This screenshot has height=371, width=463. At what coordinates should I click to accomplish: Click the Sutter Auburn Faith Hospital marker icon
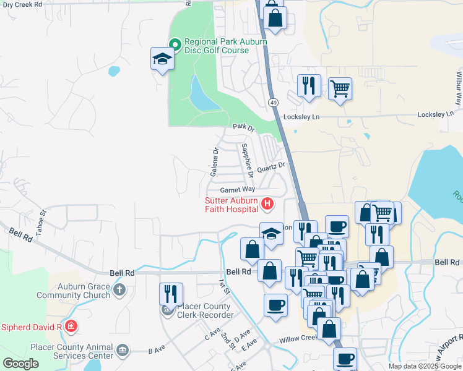click(267, 203)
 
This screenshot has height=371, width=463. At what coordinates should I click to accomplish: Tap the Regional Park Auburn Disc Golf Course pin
click(175, 44)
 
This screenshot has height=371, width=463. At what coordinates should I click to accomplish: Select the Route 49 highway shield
click(273, 101)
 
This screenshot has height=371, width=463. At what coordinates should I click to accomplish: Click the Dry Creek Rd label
click(21, 4)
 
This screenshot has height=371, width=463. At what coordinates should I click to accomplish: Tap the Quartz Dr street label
click(272, 167)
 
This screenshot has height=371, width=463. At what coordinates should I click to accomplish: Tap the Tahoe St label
click(43, 220)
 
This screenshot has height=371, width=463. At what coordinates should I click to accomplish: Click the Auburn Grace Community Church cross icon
click(120, 289)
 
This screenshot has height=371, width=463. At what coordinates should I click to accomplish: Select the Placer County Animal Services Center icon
click(123, 351)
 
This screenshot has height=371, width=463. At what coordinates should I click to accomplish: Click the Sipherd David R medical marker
click(72, 325)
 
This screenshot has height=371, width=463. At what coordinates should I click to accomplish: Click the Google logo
click(21, 364)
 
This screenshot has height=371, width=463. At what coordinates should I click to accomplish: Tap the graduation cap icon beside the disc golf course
click(162, 59)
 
